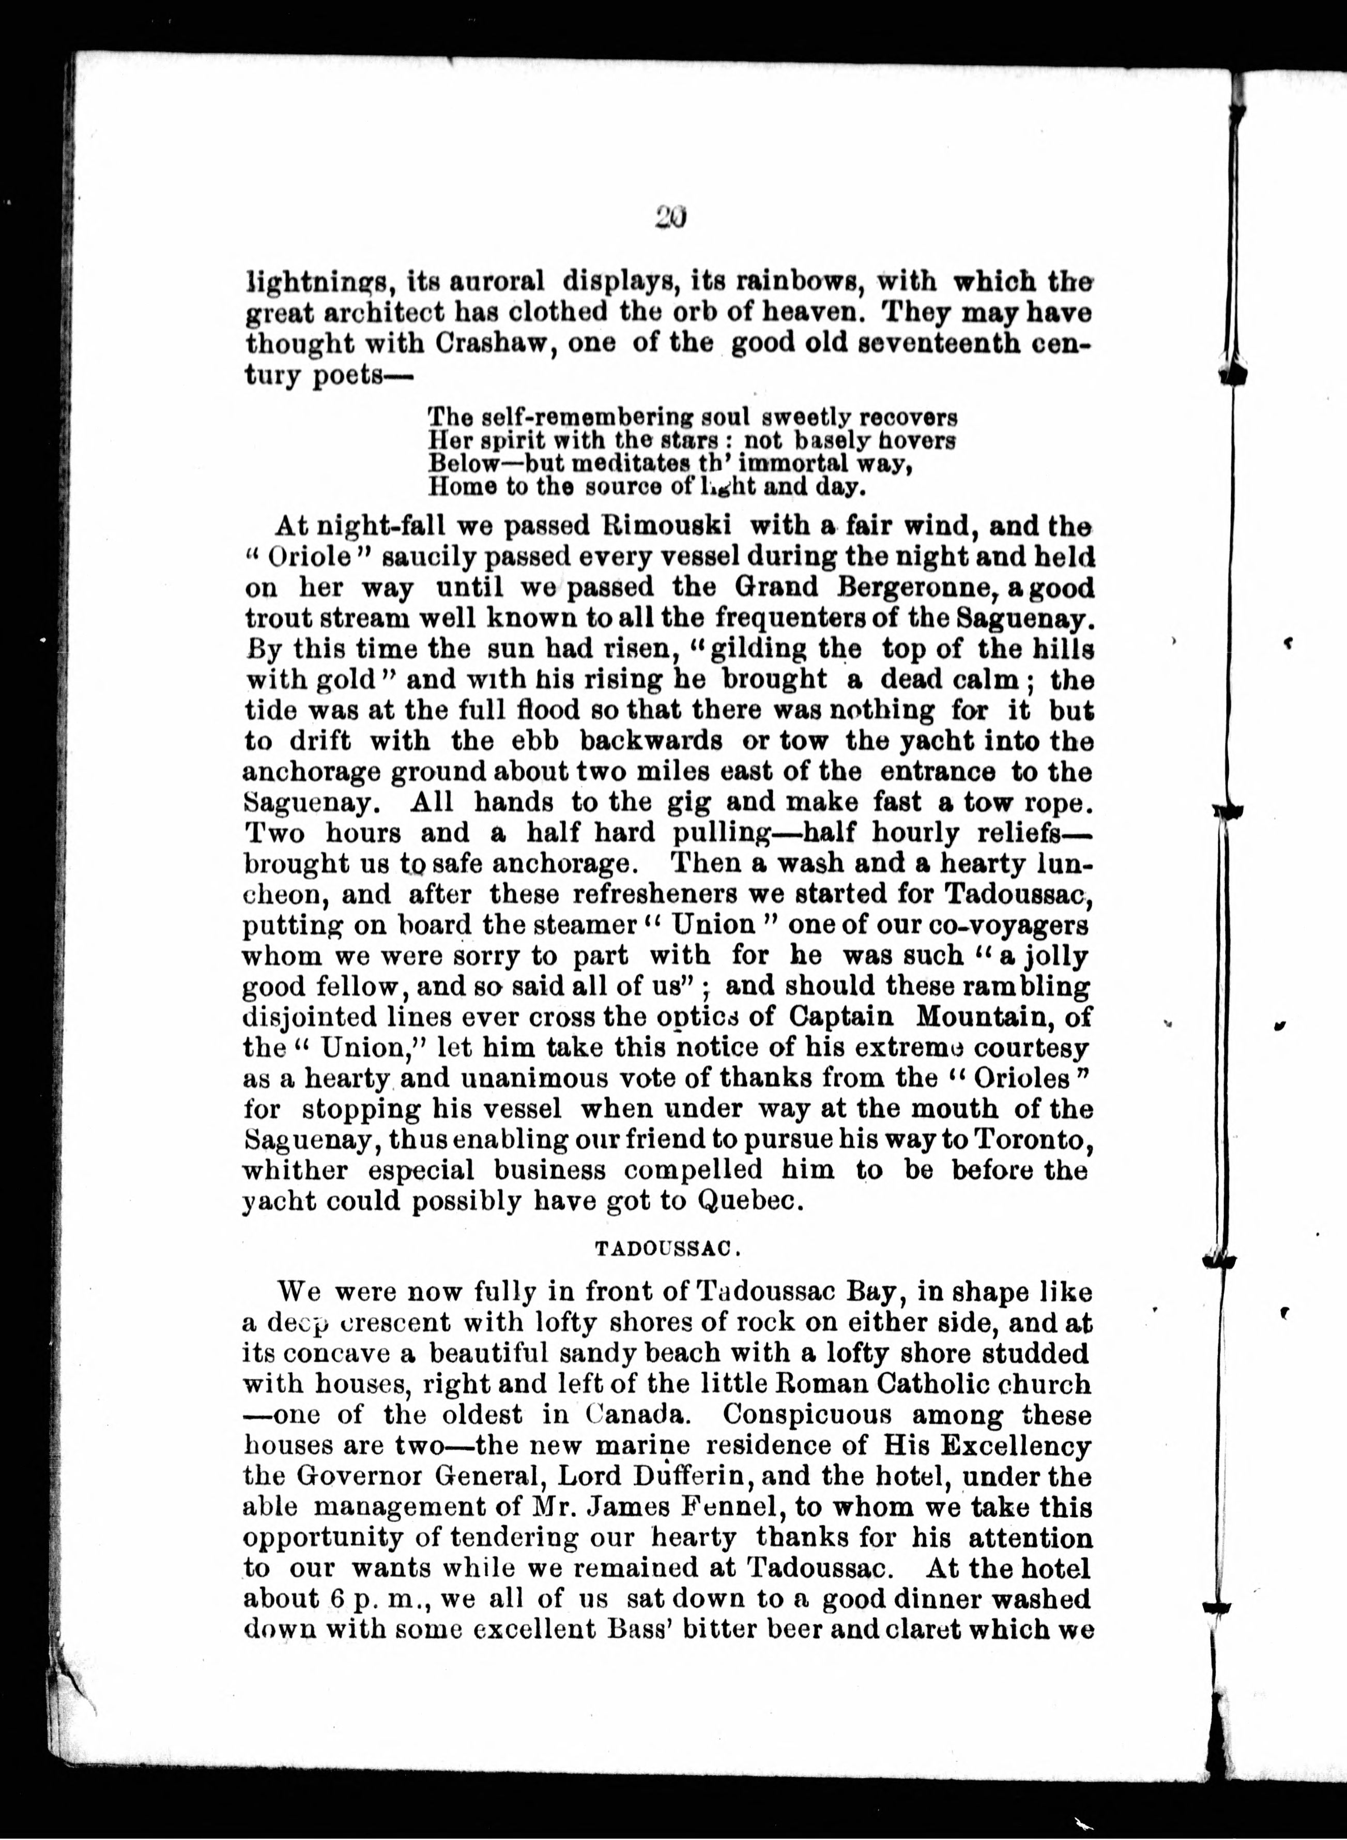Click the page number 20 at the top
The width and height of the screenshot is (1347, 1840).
click(x=671, y=217)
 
